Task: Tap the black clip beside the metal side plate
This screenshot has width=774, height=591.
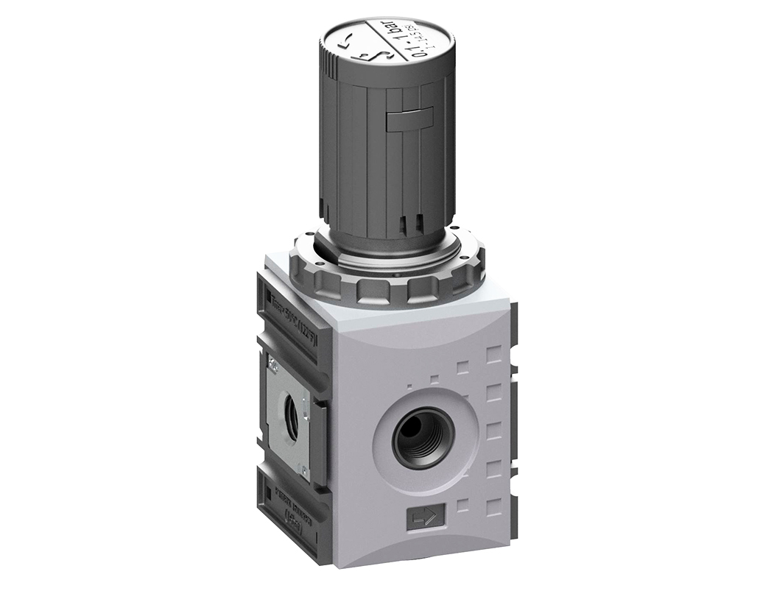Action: [319, 442]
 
